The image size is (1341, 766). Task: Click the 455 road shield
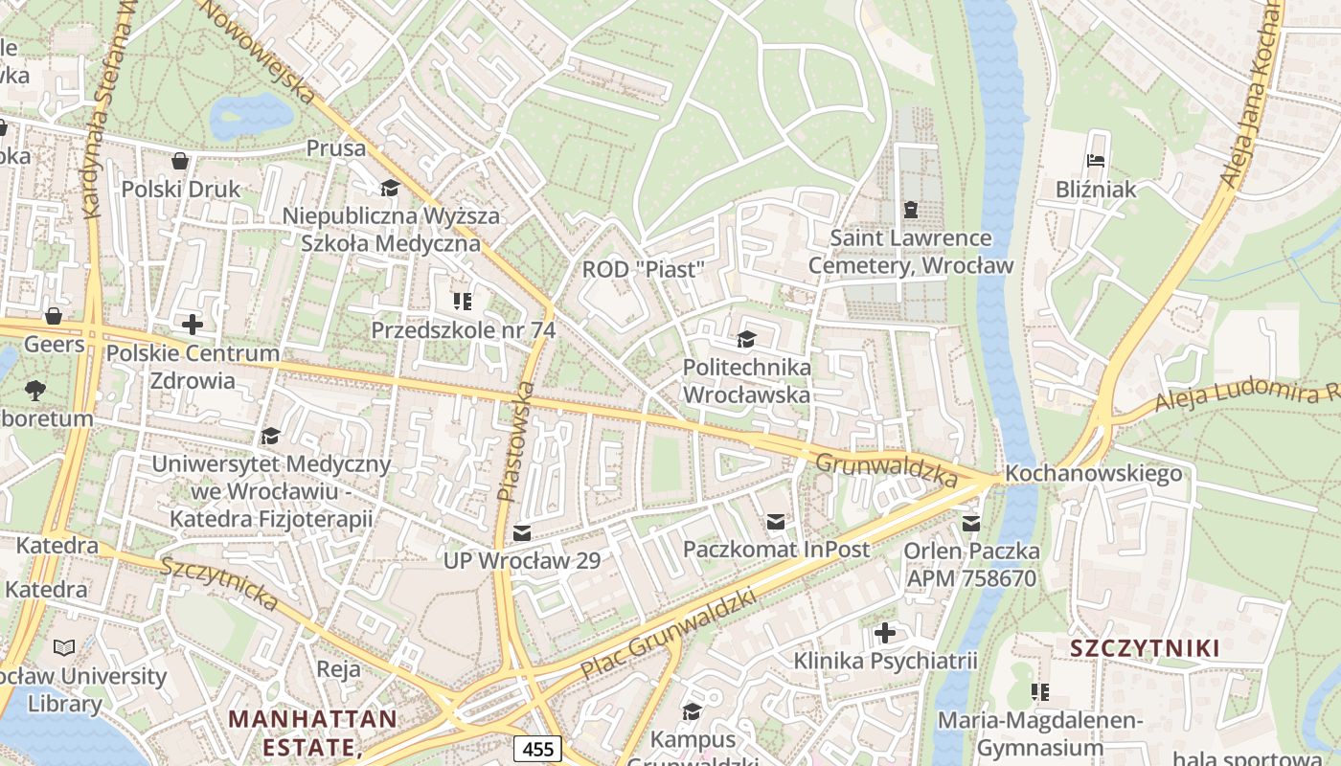tap(536, 749)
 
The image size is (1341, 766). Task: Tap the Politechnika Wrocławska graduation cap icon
tap(746, 339)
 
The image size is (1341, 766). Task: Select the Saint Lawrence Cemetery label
tap(910, 251)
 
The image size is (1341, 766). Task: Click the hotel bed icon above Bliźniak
tap(1096, 161)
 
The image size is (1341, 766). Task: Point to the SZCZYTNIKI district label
tap(1145, 648)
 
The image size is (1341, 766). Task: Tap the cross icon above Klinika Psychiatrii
tap(885, 632)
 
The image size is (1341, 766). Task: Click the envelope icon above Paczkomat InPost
tap(775, 522)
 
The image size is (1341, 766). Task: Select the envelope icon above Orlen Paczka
tap(971, 523)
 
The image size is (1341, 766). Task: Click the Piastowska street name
tap(515, 439)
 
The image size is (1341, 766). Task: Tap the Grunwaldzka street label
tap(886, 469)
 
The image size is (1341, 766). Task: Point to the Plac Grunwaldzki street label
tap(668, 634)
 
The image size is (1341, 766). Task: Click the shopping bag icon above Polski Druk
tap(179, 161)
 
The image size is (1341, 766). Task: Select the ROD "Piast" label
tap(643, 270)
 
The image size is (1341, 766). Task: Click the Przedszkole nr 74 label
tap(463, 329)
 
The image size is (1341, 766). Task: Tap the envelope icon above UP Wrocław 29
tap(522, 532)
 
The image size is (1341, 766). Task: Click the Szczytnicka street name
tap(219, 583)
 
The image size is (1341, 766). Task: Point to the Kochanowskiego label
tap(1093, 474)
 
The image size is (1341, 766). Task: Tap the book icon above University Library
tap(64, 647)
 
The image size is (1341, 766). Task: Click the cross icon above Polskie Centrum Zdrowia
tap(193, 325)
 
